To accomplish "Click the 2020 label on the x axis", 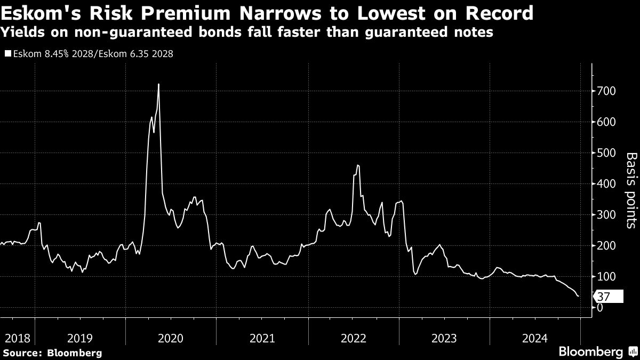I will coord(171,338).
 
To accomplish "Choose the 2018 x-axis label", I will coord(16,338).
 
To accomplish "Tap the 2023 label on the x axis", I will coord(444,338).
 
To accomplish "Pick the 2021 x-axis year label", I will coord(262,338).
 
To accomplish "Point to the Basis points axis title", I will coord(631,190).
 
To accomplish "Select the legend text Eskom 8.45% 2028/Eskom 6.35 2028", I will coord(91,54).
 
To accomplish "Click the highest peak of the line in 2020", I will coord(159,84).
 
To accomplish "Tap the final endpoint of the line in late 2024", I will coord(579,296).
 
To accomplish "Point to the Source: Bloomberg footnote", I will coord(52,353).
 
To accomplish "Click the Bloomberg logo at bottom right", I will coord(597,352).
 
